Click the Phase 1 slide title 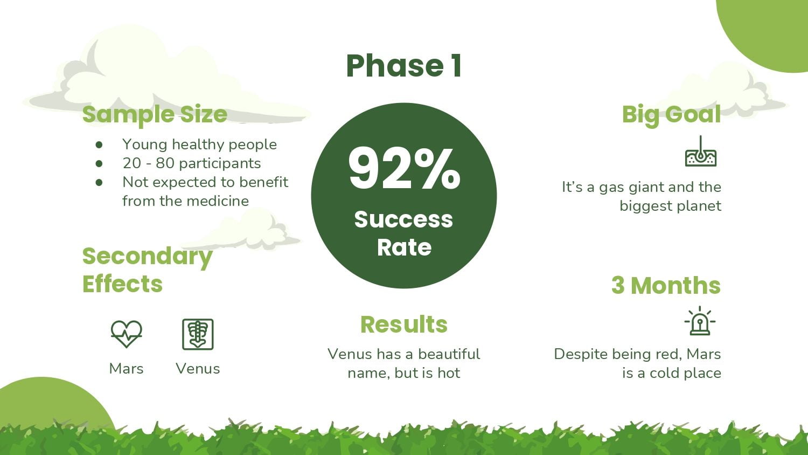tap(403, 66)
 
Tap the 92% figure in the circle tap(404, 168)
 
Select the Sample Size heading tap(155, 115)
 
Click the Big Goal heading tap(671, 115)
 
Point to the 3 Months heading tap(666, 285)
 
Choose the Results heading tap(404, 325)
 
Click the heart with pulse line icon tap(126, 334)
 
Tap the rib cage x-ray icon tap(198, 334)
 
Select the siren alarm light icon tap(700, 321)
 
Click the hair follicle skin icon tap(700, 151)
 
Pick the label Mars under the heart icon tap(126, 369)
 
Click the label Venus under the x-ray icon tap(198, 369)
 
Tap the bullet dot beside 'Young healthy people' tap(99, 145)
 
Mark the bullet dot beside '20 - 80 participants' tap(99, 163)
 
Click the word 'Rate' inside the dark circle tap(404, 247)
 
